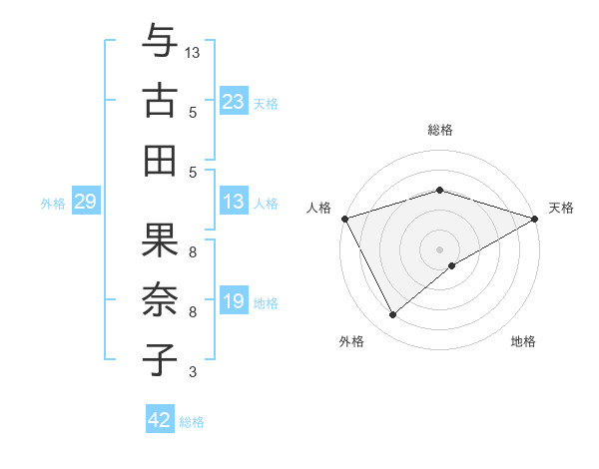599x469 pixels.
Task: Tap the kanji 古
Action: (x=159, y=101)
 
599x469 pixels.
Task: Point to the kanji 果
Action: (x=159, y=241)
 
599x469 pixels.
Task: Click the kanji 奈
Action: (x=159, y=299)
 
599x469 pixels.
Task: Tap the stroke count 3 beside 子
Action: (x=194, y=372)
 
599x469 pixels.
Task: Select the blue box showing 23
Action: (x=233, y=101)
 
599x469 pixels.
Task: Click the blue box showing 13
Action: (x=233, y=202)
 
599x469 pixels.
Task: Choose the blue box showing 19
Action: (x=233, y=301)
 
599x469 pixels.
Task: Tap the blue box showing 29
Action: (x=85, y=202)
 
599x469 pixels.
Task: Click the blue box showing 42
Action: (x=159, y=420)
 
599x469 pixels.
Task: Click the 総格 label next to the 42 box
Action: (x=192, y=422)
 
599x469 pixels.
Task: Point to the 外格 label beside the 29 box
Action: (x=53, y=204)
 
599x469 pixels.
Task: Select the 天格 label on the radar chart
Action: (x=561, y=208)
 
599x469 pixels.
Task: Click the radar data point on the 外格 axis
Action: (x=393, y=315)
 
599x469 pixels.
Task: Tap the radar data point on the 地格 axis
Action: (x=452, y=265)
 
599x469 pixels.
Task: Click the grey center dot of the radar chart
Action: (x=439, y=248)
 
